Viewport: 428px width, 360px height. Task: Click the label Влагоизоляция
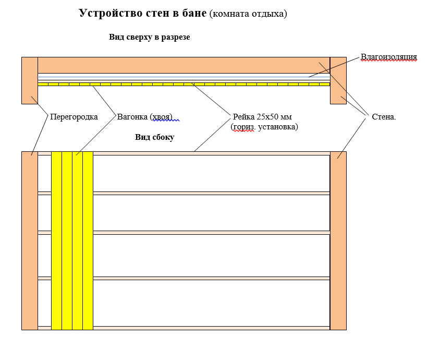point(389,57)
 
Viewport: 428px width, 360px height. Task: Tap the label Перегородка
point(74,116)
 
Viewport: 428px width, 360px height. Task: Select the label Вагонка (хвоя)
point(144,116)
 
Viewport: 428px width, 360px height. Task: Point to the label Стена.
point(384,117)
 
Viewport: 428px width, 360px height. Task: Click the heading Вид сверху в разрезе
point(149,38)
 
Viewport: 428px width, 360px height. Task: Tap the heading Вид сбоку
point(154,137)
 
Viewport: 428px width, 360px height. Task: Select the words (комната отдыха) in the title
point(248,14)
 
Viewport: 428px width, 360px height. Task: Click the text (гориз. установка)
point(264,126)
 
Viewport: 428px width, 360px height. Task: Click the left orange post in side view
point(30,241)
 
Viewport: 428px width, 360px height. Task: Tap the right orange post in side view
point(338,241)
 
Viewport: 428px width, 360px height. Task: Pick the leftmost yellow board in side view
point(56,241)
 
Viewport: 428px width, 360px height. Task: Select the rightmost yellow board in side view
point(88,241)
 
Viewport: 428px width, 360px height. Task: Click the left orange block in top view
point(30,80)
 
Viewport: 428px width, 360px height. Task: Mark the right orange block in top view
point(338,80)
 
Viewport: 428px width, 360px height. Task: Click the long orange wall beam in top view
point(184,65)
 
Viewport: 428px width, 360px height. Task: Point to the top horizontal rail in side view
point(209,153)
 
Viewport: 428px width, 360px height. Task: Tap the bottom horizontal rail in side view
point(209,328)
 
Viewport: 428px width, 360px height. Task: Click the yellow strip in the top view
point(184,84)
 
